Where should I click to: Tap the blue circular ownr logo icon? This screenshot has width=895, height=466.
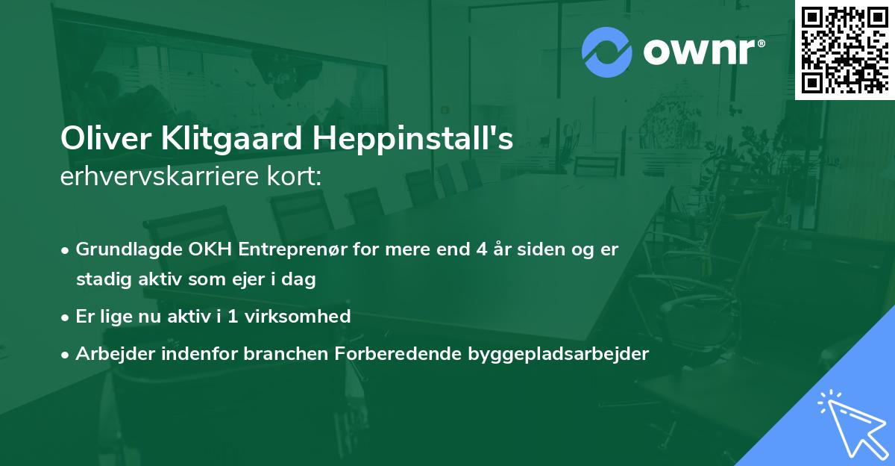coord(606,52)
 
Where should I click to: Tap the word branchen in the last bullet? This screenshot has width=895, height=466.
coord(277,354)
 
